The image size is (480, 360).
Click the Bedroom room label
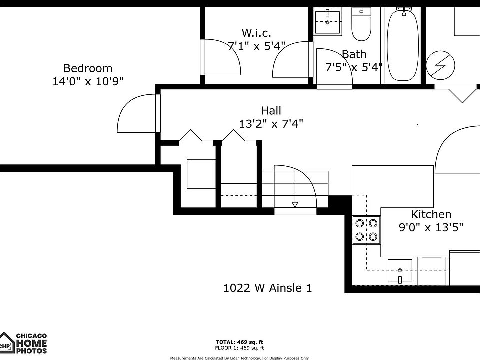(x=88, y=68)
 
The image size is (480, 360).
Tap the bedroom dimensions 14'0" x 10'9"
(x=88, y=81)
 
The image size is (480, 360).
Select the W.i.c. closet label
(x=256, y=33)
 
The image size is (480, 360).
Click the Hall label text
(x=271, y=111)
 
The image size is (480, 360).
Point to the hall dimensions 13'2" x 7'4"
(x=271, y=124)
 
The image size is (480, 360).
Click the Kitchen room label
(x=431, y=215)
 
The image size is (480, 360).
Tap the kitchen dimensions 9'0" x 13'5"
(x=431, y=228)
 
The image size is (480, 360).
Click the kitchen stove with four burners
(x=366, y=229)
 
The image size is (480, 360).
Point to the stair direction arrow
(x=295, y=204)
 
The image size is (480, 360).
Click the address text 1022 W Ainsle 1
(x=267, y=288)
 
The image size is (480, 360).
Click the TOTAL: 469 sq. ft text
(x=239, y=342)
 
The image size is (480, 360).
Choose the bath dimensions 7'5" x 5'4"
(x=354, y=67)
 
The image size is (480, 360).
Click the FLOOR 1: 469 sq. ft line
(x=239, y=348)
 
